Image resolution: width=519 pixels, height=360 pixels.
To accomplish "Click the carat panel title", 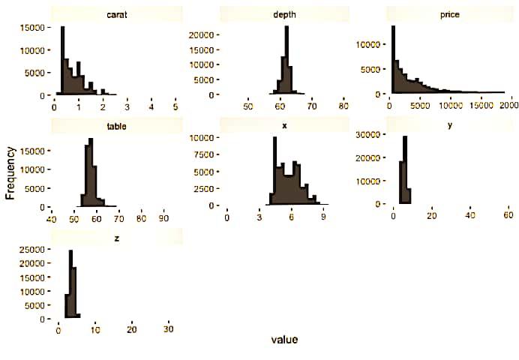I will pos(116,14).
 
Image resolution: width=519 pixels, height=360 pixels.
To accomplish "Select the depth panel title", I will pos(284,14).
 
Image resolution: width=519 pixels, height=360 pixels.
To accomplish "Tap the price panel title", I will pos(450,14).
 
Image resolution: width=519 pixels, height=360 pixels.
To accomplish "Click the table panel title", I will pos(116,125).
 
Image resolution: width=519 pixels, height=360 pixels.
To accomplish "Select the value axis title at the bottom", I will pos(284,340).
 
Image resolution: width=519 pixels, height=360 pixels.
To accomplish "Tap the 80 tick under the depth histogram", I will pos(343,106).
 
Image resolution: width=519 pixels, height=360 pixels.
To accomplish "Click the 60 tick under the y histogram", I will pos(508,217).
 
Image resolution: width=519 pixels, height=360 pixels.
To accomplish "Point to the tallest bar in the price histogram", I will pos(393,60).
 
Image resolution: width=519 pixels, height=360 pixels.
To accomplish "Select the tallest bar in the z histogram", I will pos(70,284).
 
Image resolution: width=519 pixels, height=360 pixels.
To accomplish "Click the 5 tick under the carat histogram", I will pos(175,108).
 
